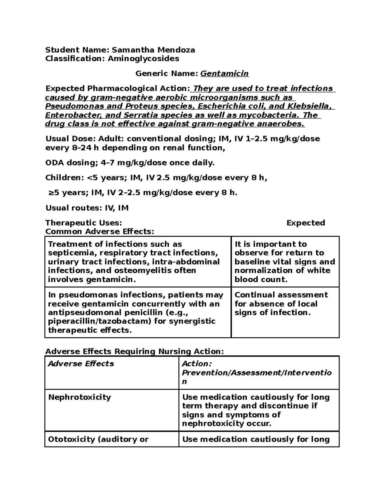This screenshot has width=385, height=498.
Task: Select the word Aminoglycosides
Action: (143, 59)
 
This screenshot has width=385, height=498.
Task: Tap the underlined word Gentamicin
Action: (224, 74)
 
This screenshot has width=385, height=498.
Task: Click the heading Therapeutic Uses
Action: (83, 223)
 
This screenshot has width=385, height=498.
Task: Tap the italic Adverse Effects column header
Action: (81, 364)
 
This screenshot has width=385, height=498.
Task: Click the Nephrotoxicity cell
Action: (79, 397)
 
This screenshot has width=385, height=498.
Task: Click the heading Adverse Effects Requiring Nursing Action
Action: (134, 351)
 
